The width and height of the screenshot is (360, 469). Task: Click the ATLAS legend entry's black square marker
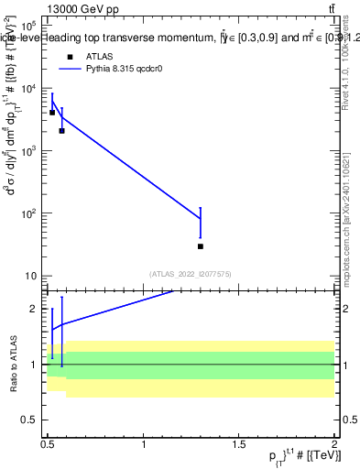[69, 56]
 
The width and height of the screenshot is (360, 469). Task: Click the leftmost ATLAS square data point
[52, 113]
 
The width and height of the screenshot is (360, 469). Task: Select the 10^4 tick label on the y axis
[27, 89]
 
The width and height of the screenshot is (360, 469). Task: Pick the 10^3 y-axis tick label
[27, 151]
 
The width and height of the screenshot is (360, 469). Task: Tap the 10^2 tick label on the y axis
[27, 213]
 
